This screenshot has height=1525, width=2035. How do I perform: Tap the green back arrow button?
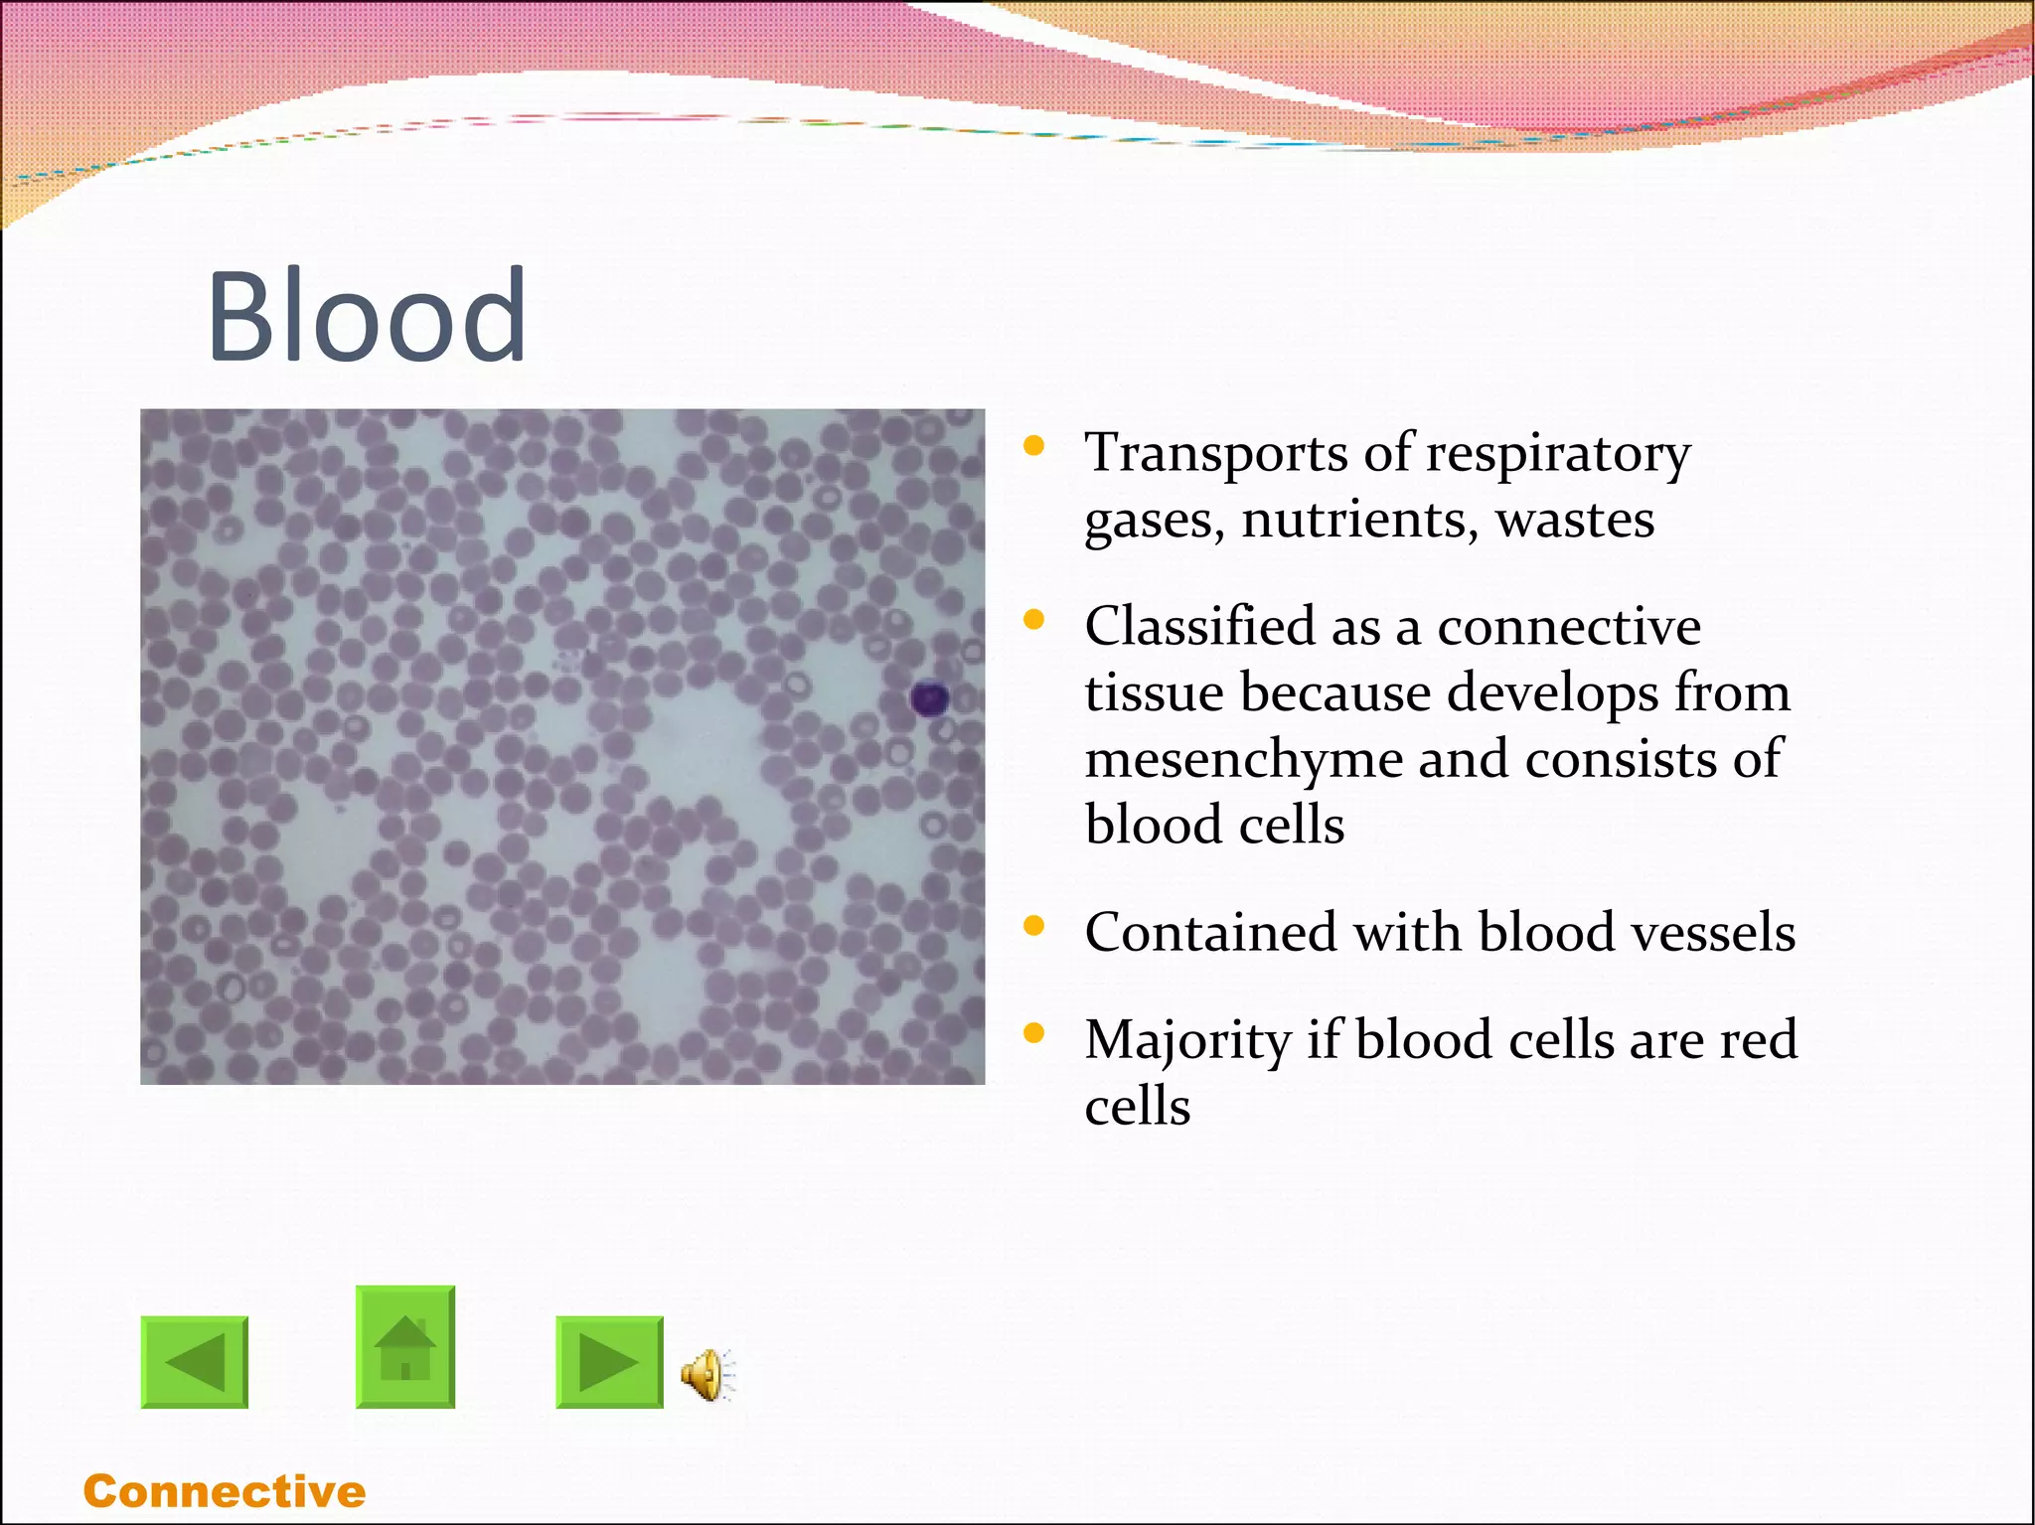[195, 1362]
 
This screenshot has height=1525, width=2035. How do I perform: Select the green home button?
[405, 1347]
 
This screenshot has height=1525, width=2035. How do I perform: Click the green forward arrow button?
[609, 1362]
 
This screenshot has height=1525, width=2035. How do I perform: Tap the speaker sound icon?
[706, 1375]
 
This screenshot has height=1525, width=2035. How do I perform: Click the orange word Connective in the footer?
[225, 1491]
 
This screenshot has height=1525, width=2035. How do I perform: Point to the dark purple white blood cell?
[930, 699]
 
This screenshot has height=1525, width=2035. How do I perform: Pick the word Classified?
[1199, 627]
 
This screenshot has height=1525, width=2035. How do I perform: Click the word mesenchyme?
[1243, 760]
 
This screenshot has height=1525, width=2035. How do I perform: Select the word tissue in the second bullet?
[1154, 692]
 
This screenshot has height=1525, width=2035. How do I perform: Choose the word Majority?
[1186, 1042]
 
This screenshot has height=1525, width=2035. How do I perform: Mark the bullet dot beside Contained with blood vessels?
[1034, 926]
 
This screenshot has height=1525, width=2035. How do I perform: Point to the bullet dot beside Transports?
[1034, 445]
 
